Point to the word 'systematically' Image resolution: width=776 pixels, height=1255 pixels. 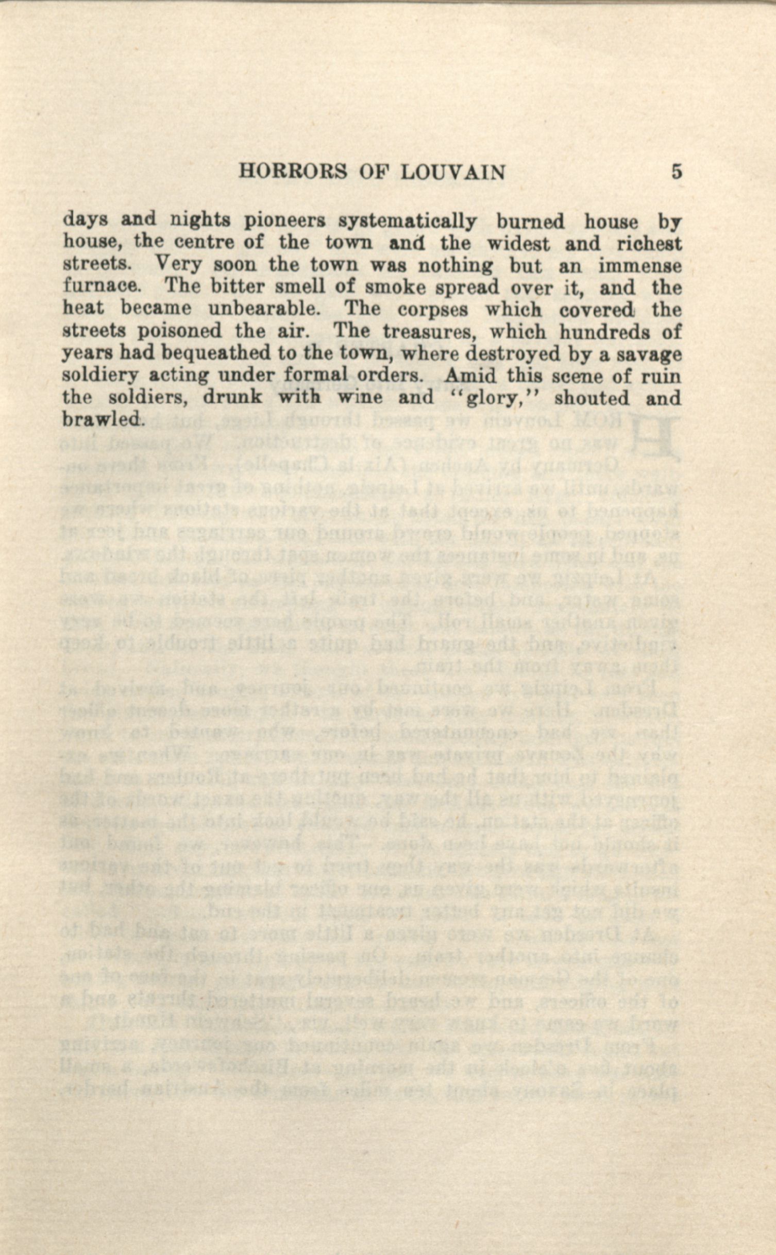pyautogui.click(x=407, y=222)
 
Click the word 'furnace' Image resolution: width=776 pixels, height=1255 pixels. pyautogui.click(x=99, y=287)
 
